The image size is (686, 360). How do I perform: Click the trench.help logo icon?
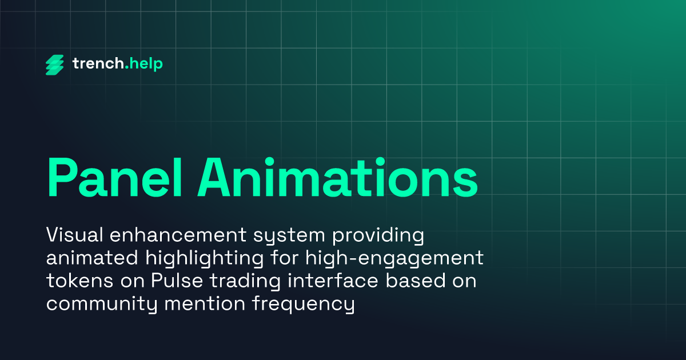pyautogui.click(x=55, y=65)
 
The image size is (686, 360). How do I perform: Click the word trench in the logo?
pyautogui.click(x=97, y=64)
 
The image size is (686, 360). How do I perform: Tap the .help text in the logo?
pyautogui.click(x=143, y=64)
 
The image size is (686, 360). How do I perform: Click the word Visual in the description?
pyautogui.click(x=72, y=235)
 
